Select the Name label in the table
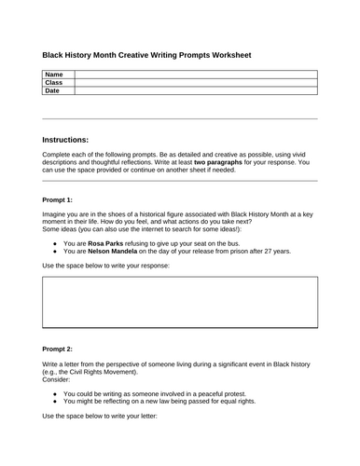click(54, 74)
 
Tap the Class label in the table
click(54, 82)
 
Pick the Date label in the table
click(52, 91)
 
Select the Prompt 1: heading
click(61, 199)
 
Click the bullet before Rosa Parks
click(56, 242)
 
